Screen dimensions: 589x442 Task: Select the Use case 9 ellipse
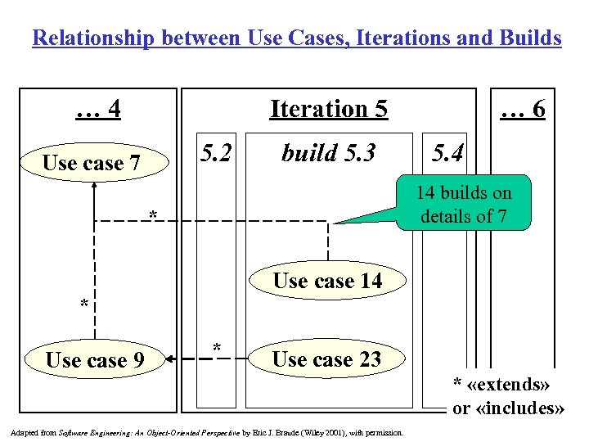point(95,359)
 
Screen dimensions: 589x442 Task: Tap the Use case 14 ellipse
point(327,281)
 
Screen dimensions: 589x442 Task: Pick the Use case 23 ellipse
point(326,359)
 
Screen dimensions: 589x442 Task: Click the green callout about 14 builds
point(463,205)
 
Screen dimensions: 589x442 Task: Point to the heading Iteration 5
point(328,109)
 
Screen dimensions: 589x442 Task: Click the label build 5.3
point(327,153)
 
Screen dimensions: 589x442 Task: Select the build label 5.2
point(217,153)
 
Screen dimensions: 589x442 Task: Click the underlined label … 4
point(98,109)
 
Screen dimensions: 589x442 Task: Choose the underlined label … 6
point(523,109)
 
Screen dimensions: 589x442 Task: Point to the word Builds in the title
point(528,38)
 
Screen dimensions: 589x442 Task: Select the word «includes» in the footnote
point(519,408)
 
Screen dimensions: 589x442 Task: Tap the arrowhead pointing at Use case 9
point(169,358)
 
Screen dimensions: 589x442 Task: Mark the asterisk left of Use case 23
point(217,349)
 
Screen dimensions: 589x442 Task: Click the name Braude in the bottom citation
point(306,431)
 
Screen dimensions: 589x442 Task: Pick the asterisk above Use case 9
point(83,305)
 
